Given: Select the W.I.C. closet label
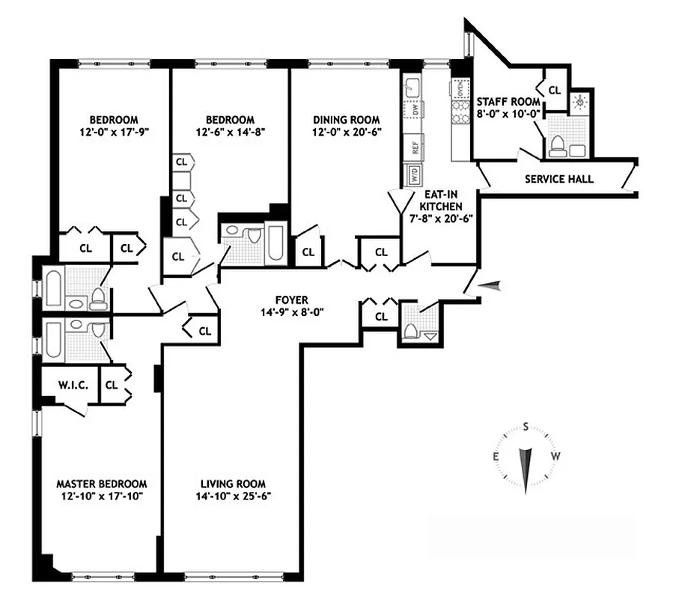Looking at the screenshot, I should pyautogui.click(x=73, y=386).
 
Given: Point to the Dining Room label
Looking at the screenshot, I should pyautogui.click(x=346, y=120).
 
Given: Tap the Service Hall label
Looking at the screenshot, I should pyautogui.click(x=558, y=180).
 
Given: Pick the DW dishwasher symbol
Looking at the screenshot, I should pyautogui.click(x=412, y=112).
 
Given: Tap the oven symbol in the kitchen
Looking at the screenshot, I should pyautogui.click(x=457, y=89).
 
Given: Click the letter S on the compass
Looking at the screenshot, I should pyautogui.click(x=526, y=428).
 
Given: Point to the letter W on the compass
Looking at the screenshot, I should pyautogui.click(x=555, y=457).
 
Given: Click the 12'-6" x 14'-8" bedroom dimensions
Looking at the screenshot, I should pyautogui.click(x=230, y=131).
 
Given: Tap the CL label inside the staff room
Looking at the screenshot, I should pyautogui.click(x=554, y=90).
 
